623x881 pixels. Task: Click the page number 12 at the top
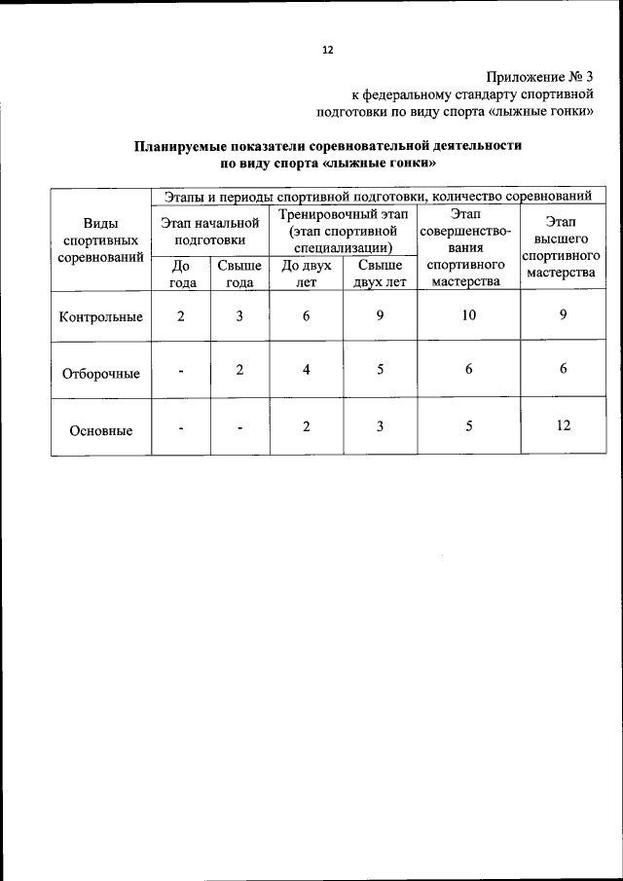pyautogui.click(x=328, y=51)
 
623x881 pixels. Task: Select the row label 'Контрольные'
pyautogui.click(x=101, y=316)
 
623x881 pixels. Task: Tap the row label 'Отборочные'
pyautogui.click(x=101, y=373)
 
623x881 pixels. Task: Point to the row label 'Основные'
pyautogui.click(x=101, y=430)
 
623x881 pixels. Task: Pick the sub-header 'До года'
pyautogui.click(x=180, y=274)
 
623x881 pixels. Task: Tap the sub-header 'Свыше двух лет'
pyautogui.click(x=380, y=274)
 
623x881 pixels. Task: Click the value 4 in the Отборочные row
pyautogui.click(x=307, y=370)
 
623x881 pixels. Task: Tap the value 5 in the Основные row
pyautogui.click(x=469, y=424)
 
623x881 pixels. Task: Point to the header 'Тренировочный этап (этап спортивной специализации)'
pyautogui.click(x=343, y=230)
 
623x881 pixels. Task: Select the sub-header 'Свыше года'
pyautogui.click(x=239, y=274)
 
